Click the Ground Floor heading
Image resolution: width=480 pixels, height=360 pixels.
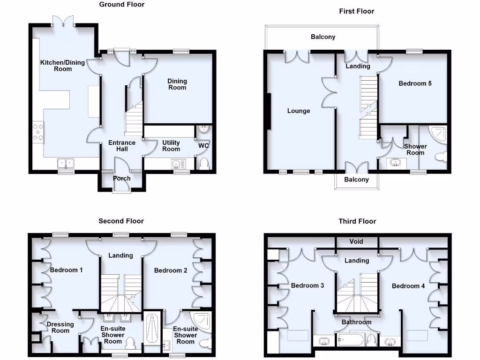(122, 5)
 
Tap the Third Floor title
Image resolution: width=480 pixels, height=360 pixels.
(357, 221)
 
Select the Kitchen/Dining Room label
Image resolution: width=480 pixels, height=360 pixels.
(62, 66)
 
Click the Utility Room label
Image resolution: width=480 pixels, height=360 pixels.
(171, 146)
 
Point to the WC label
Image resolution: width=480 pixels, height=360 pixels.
(203, 146)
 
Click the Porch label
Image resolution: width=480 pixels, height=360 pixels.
(122, 179)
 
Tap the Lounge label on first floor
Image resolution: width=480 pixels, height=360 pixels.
(299, 111)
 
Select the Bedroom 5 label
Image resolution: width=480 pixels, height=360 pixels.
(415, 84)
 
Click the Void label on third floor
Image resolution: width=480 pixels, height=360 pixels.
(356, 242)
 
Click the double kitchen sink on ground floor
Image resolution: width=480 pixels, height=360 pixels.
(66, 163)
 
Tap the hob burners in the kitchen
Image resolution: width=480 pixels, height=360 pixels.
(38, 132)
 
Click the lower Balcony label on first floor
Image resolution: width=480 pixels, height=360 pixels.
(356, 180)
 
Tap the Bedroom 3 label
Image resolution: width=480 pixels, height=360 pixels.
(307, 285)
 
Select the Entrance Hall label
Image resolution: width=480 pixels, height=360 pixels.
(122, 146)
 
